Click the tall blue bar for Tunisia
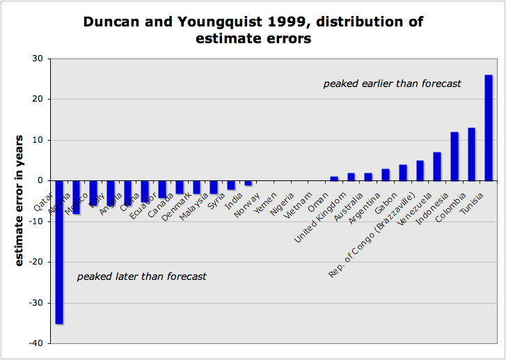click(489, 127)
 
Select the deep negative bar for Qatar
click(59, 251)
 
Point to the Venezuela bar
click(437, 166)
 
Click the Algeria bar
click(77, 196)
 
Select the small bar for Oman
click(334, 178)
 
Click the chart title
click(253, 31)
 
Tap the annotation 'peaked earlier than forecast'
click(392, 84)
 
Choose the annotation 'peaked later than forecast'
click(141, 276)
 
